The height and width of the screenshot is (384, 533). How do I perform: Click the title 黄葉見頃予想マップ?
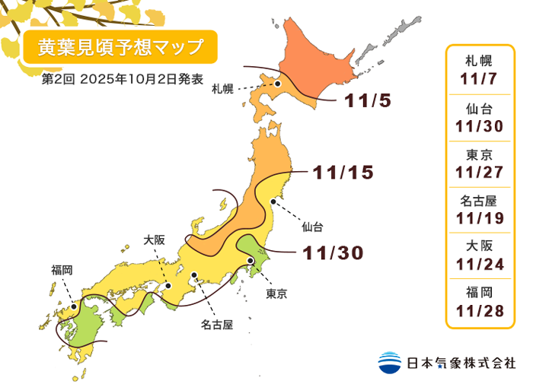[120, 47]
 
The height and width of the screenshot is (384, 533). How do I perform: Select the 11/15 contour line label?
[343, 173]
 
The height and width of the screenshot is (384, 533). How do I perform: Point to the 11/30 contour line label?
[334, 252]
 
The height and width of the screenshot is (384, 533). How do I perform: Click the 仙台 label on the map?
[312, 226]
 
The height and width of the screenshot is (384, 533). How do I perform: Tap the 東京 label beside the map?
[276, 293]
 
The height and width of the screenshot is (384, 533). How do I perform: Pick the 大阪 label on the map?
[154, 239]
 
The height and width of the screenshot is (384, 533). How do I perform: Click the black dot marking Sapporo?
[279, 84]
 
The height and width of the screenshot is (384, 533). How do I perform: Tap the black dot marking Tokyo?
[251, 261]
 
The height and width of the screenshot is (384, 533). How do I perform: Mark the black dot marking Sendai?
[272, 202]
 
